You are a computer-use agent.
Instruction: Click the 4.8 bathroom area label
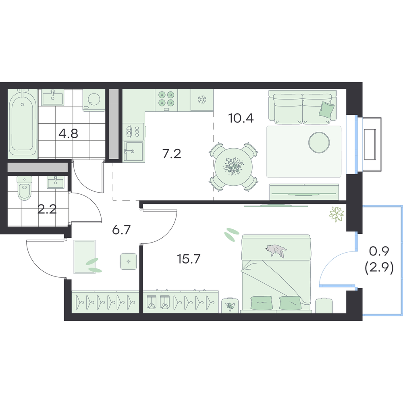point(68,133)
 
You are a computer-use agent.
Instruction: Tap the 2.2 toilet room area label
point(47,210)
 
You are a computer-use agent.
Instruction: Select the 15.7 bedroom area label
point(188,259)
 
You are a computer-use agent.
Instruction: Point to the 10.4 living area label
point(241,118)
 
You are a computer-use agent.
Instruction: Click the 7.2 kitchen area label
point(172,154)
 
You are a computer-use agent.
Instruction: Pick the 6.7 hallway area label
point(122,230)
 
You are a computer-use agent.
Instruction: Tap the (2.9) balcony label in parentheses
point(379,268)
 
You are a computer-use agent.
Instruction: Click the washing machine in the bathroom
point(94,100)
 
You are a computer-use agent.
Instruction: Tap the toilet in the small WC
point(25,188)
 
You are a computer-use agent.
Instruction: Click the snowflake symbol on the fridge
point(202,99)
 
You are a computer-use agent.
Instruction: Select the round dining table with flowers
point(233,166)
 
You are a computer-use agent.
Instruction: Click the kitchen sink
point(133,151)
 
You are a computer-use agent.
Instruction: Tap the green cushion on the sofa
point(327,110)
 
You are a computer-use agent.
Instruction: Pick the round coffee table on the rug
point(319,142)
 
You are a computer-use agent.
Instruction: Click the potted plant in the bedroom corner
point(337,214)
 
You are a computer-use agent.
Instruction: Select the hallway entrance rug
point(85,257)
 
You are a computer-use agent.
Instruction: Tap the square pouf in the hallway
point(129,262)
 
